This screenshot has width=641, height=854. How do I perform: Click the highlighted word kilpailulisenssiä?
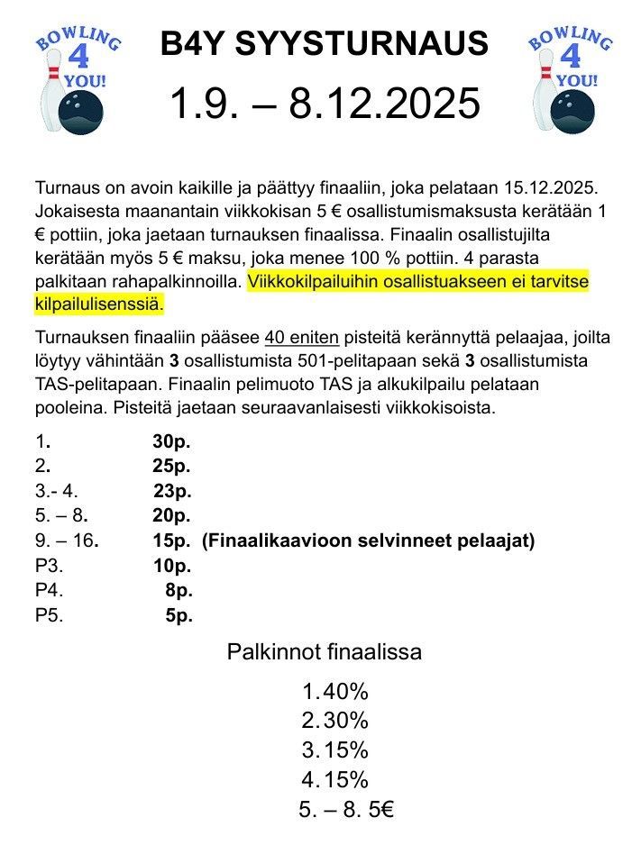coord(99,304)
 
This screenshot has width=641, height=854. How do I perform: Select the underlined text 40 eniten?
coord(302,339)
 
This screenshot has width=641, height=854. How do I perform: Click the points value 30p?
coord(172,443)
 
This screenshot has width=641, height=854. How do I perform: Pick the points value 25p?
coord(172,467)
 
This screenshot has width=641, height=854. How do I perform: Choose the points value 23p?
coord(173,492)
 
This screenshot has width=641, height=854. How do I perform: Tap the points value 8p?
coord(179,591)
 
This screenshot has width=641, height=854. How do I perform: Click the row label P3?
coord(49,567)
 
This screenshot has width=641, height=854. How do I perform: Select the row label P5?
coord(49,616)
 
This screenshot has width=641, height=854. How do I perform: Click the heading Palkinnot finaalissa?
coord(324,652)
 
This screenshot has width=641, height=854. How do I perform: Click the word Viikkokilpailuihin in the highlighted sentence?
coord(313,281)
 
